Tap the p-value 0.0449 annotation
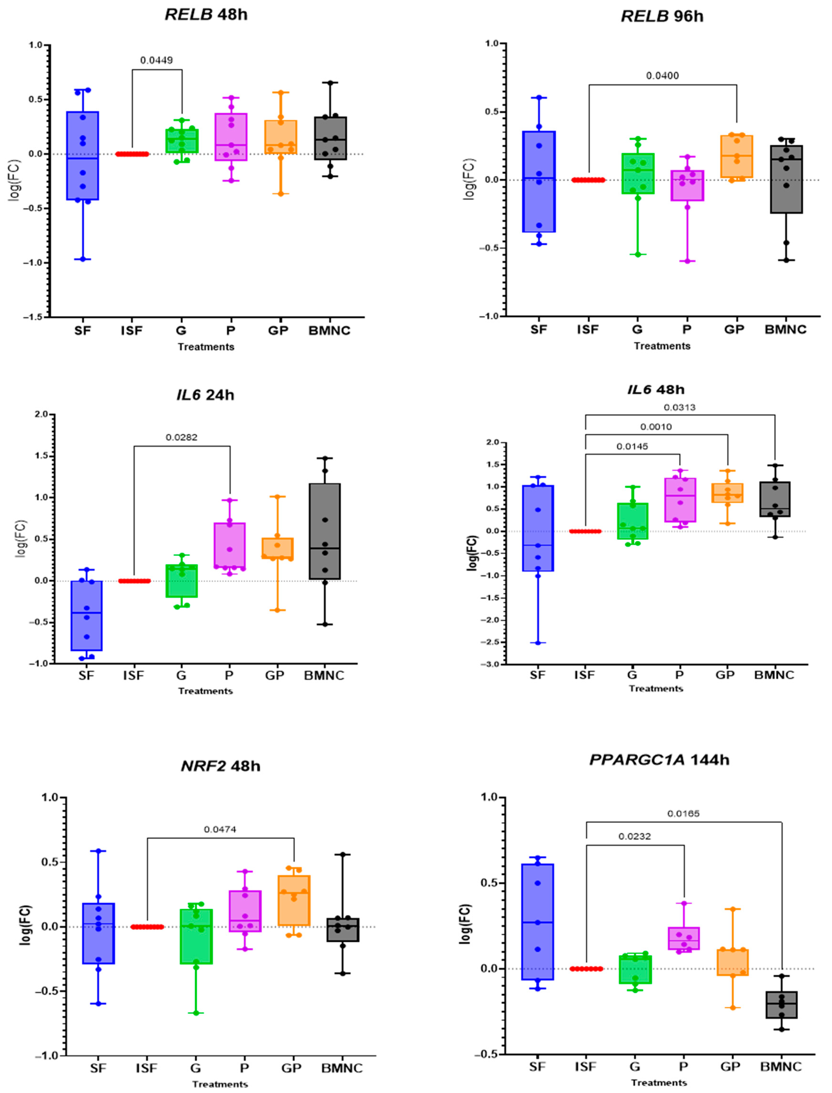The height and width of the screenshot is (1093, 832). (157, 61)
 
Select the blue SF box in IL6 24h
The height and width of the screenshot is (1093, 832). (87, 616)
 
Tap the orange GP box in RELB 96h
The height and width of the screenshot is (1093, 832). (736, 157)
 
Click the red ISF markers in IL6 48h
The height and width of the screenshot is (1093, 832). (585, 531)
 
